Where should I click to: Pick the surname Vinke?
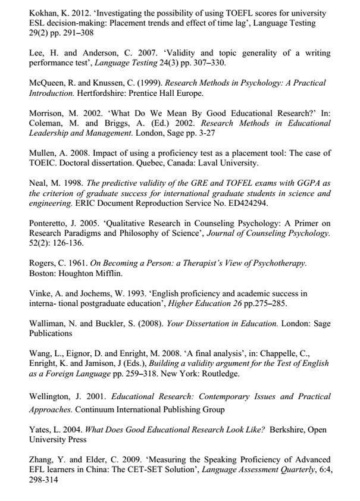pyautogui.click(x=40, y=294)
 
